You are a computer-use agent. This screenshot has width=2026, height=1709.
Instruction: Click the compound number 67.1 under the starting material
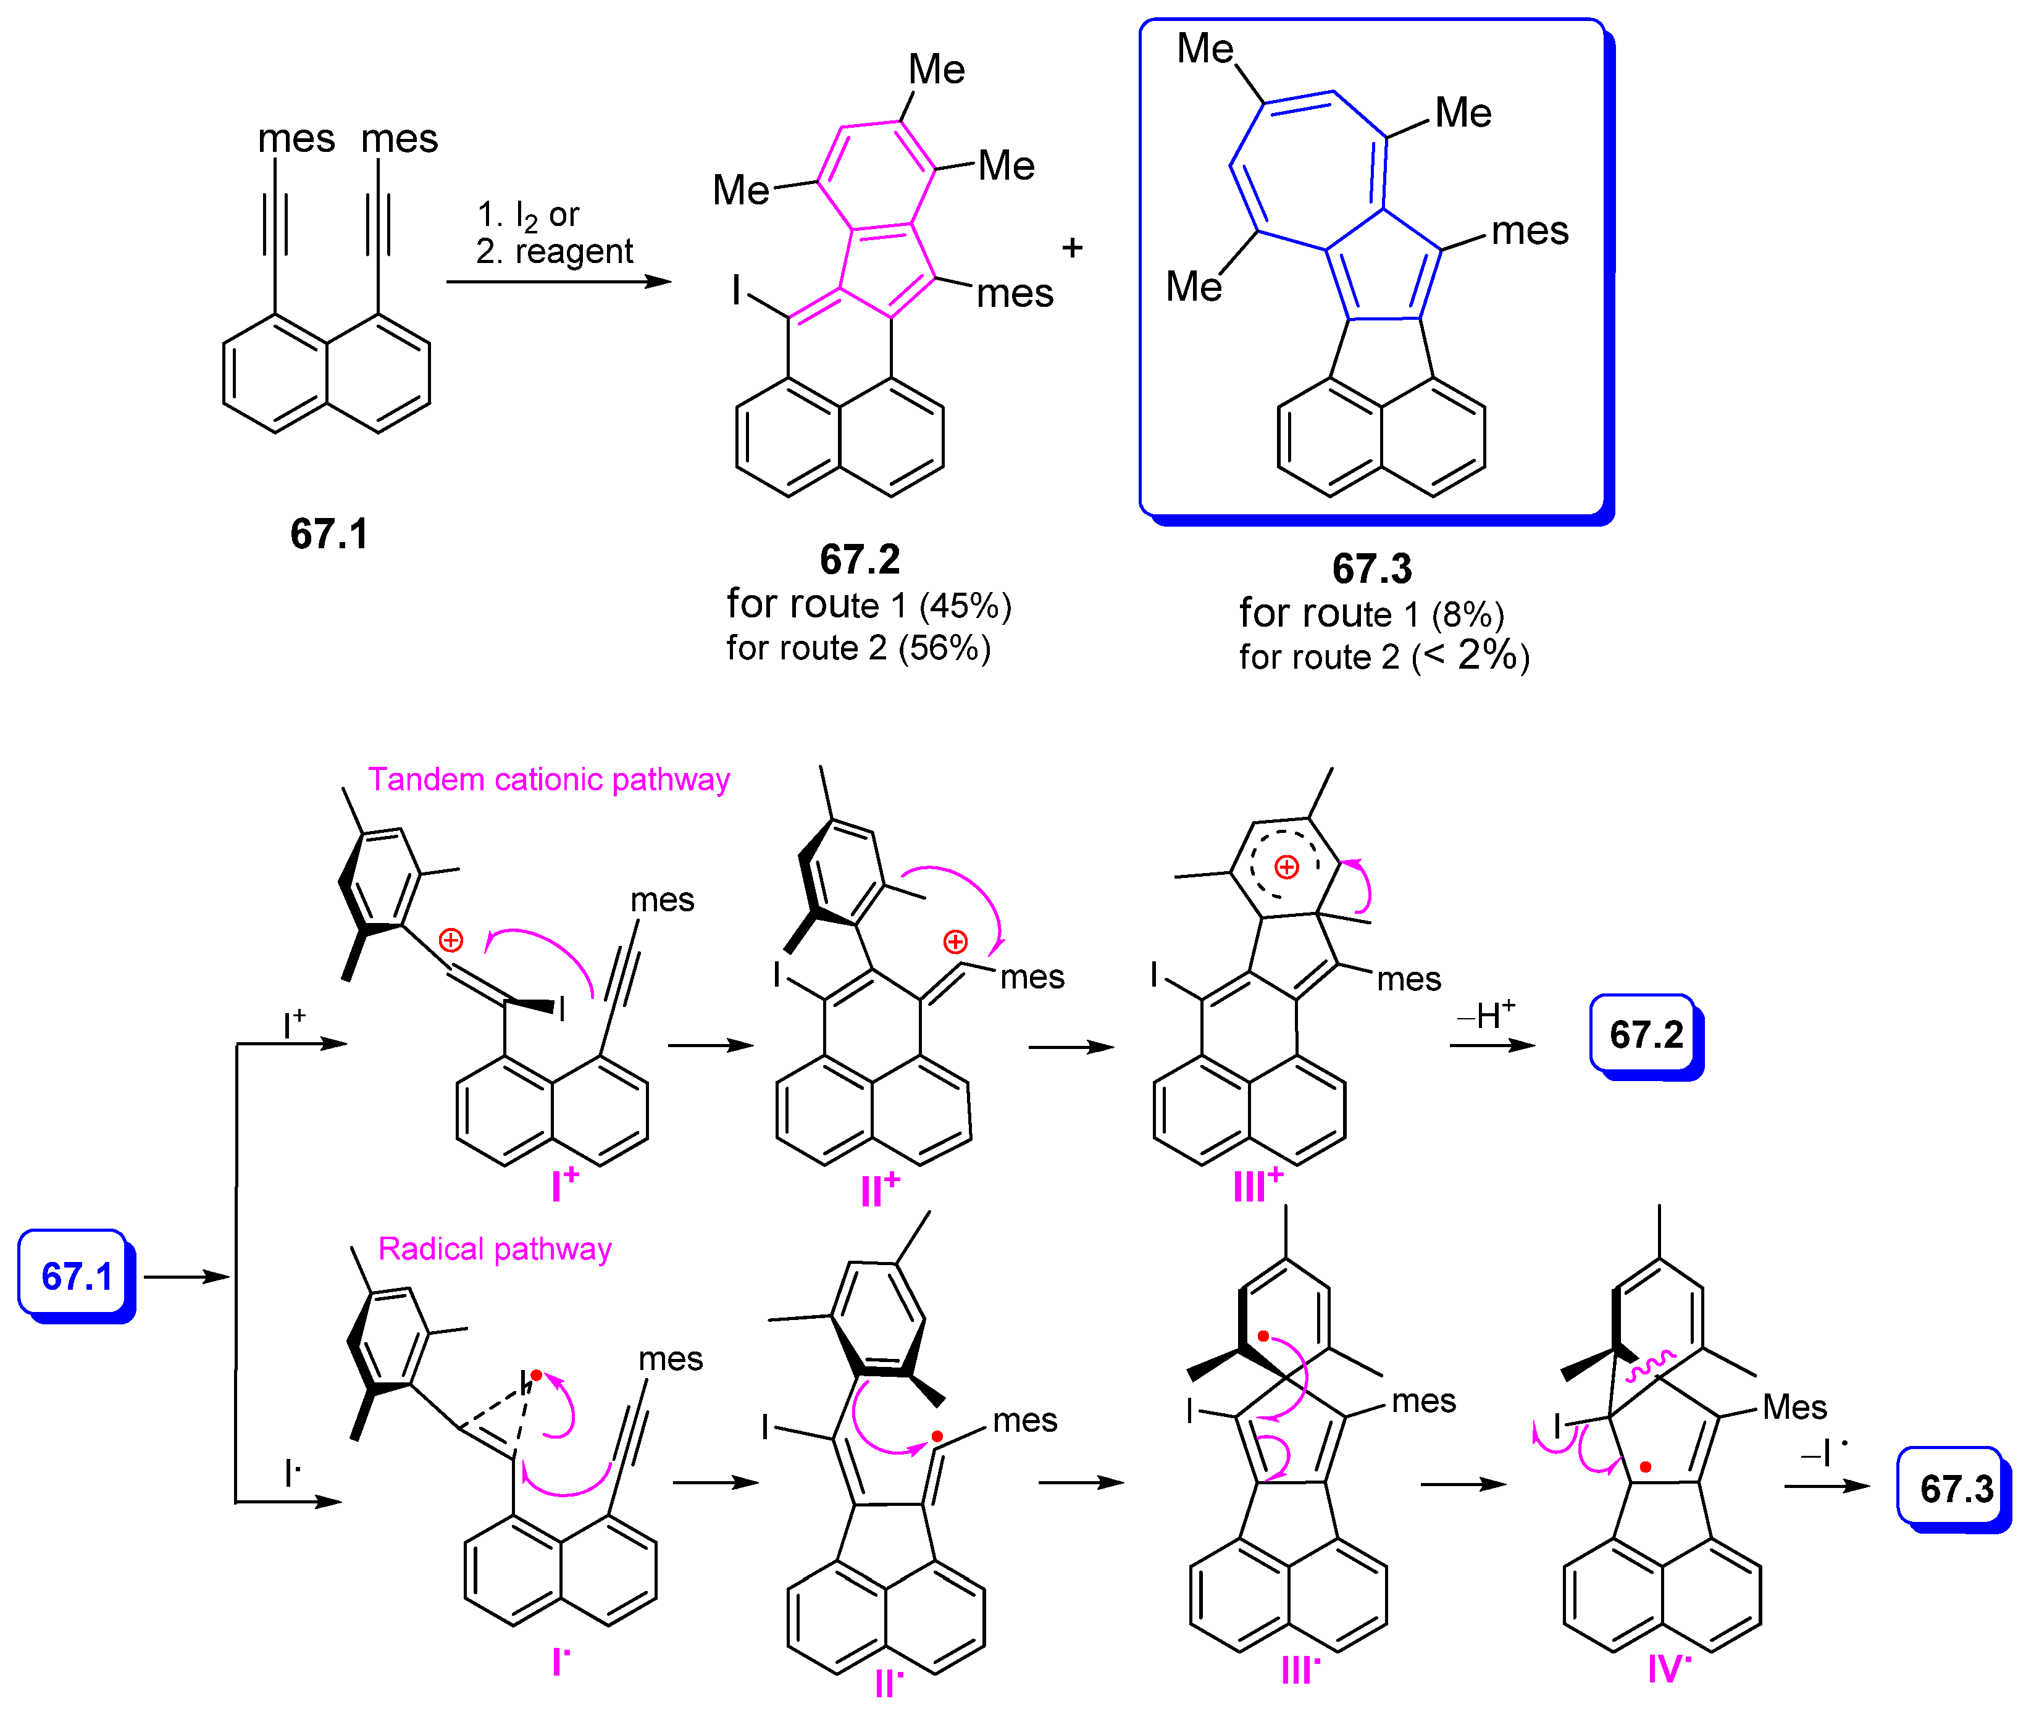329,534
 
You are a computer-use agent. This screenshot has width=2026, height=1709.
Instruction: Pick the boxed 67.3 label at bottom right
1955,1488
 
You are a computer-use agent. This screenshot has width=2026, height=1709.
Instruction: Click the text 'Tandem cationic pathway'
548,779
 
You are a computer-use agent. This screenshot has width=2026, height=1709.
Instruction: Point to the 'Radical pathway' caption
494,1249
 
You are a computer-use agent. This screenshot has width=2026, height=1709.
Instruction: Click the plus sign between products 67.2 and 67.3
1071,248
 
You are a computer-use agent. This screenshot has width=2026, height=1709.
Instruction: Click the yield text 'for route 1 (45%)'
868,606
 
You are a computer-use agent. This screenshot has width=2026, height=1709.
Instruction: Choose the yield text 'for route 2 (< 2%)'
1384,656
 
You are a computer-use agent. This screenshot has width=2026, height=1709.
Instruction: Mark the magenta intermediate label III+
1258,1184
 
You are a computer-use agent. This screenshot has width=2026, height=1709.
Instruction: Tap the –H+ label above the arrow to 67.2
1485,1015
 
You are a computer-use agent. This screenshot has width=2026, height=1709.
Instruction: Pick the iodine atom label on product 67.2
737,290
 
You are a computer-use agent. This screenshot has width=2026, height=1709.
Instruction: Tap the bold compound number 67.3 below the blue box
1372,569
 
